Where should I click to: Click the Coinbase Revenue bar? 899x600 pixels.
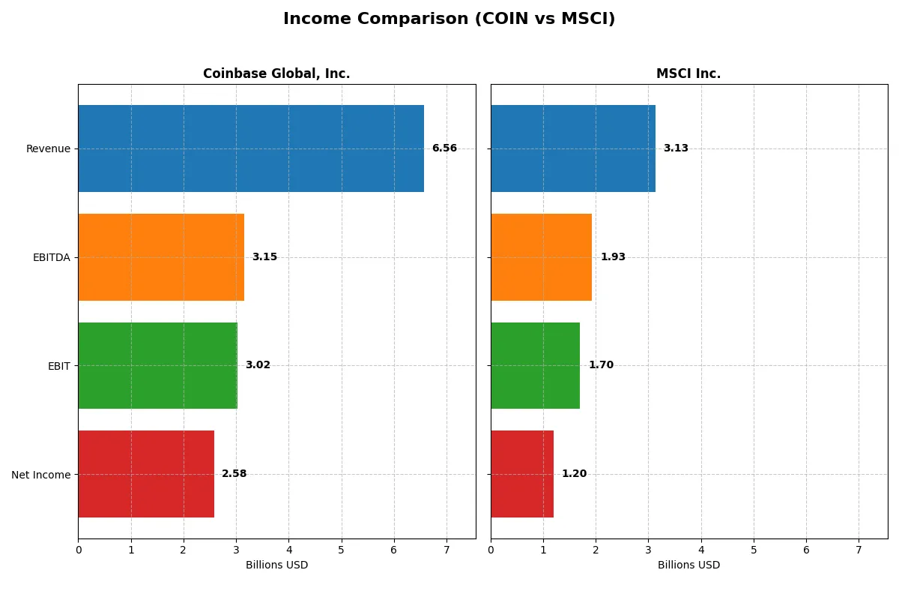251,148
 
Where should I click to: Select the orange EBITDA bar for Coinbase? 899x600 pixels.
161,257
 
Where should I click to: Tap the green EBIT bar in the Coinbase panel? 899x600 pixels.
157,366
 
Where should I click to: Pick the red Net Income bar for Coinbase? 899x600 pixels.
146,474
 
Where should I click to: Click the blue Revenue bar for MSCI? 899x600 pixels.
573,148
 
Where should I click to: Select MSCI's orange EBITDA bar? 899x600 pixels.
541,257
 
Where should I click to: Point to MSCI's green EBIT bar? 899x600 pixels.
535,366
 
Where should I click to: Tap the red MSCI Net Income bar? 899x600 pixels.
522,474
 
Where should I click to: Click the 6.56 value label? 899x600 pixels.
444,148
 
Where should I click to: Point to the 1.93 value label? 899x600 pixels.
613,257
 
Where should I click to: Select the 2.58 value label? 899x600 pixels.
234,474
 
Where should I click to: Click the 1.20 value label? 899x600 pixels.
574,474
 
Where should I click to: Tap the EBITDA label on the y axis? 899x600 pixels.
52,257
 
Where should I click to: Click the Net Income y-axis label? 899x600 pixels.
41,475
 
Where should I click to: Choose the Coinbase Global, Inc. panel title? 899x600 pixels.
276,73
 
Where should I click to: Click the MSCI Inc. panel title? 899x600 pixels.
688,73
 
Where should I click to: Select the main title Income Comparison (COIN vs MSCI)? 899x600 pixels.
449,19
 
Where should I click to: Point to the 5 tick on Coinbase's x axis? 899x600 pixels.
342,550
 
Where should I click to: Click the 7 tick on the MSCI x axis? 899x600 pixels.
859,550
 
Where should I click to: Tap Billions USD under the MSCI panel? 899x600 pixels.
688,565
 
